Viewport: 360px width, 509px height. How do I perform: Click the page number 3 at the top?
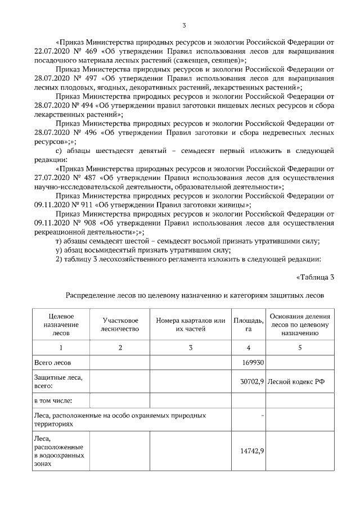coord(183,25)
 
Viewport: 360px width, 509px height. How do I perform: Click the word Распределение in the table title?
coord(92,294)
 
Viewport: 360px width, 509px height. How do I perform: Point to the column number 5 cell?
coord(300,348)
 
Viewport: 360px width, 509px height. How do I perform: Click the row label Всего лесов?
coord(53,363)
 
